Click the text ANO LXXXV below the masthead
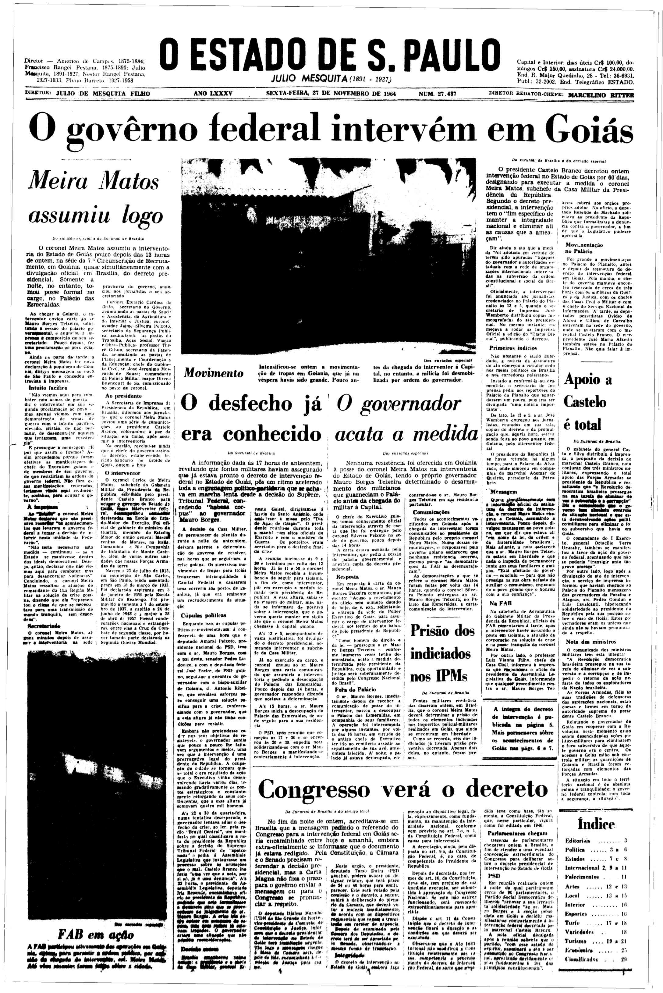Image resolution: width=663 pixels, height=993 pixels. pyautogui.click(x=213, y=94)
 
